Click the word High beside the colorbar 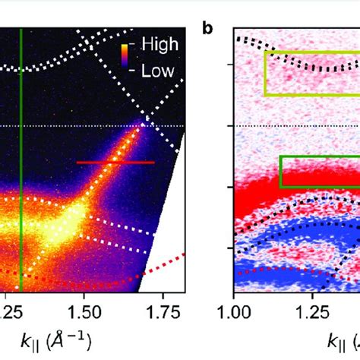(x=159, y=46)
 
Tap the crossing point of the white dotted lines (x=144, y=119)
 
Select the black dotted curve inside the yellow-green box (x=304, y=68)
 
